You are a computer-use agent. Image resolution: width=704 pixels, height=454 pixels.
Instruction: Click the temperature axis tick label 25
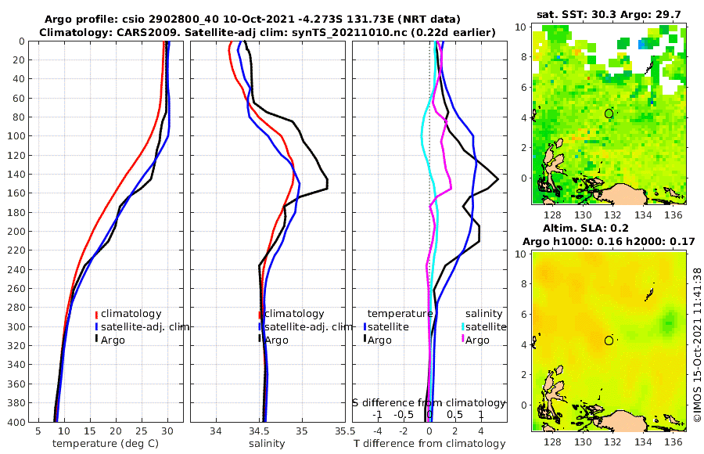tap(142, 431)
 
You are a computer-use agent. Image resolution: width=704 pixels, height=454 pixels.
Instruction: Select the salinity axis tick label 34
tap(217, 431)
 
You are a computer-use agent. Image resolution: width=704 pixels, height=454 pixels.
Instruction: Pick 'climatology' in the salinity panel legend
tap(294, 314)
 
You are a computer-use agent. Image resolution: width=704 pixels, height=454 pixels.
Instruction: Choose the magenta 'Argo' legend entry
tap(477, 340)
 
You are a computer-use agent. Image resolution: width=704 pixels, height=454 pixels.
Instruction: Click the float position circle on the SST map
tap(609, 113)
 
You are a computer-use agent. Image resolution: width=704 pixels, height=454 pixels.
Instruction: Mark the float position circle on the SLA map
tap(609, 340)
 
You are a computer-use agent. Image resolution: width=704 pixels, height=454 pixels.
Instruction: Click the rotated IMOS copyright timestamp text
tap(697, 343)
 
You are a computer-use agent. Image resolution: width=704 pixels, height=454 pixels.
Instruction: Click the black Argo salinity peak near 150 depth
tap(326, 183)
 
